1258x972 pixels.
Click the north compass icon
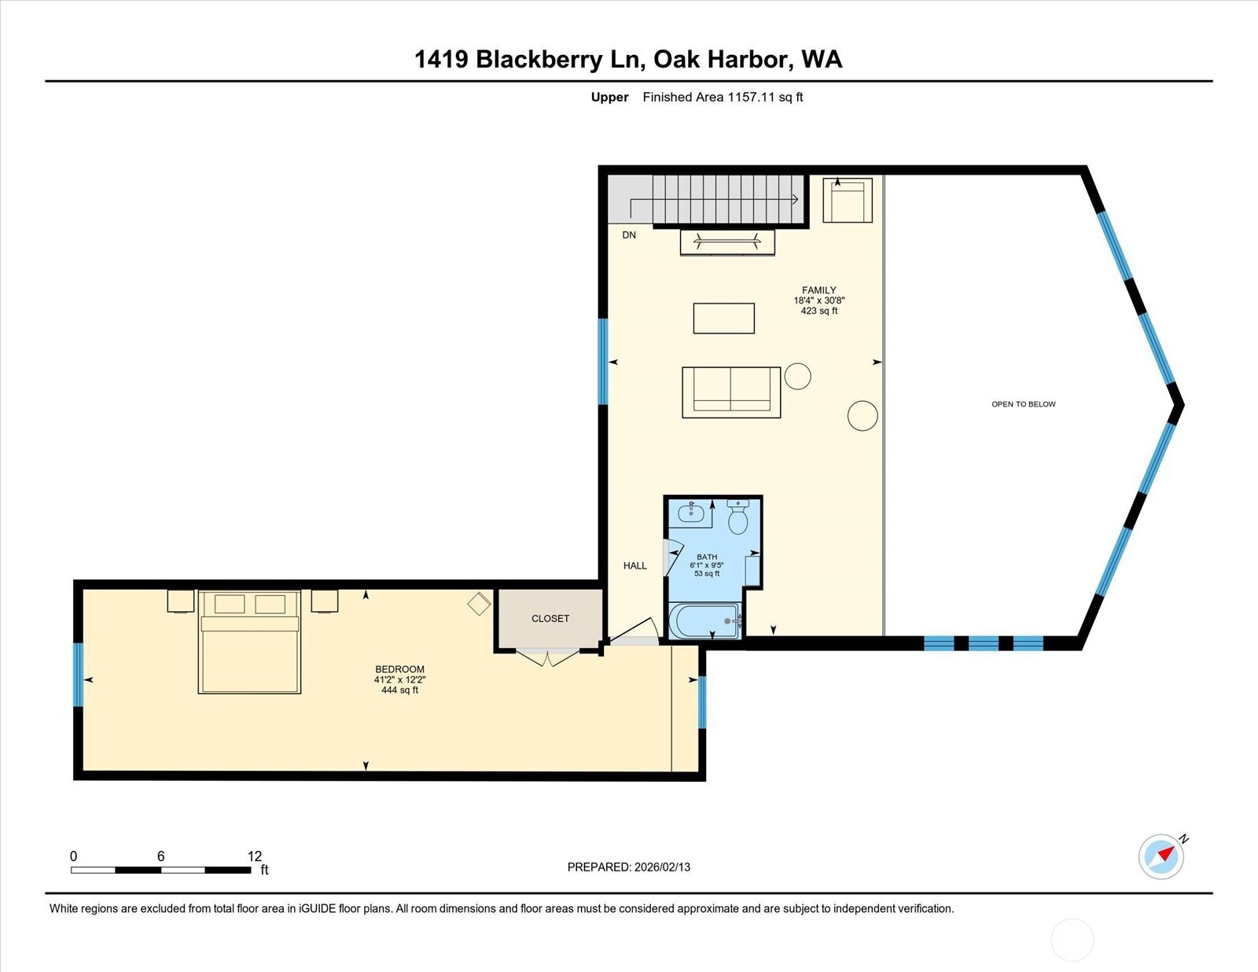(1161, 856)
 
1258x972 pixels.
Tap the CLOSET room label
(550, 619)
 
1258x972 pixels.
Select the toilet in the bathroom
(738, 519)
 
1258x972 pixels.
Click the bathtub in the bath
(704, 621)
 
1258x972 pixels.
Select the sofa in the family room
(731, 392)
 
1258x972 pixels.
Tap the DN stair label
(629, 235)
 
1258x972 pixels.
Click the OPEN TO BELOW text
(1023, 404)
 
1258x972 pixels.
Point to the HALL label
(635, 565)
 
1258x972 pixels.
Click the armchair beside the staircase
(847, 201)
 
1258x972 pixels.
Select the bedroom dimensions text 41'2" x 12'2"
(399, 679)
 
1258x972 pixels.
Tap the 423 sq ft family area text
(818, 311)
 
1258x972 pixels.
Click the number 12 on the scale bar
(254, 856)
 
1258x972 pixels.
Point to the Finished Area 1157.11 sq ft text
(723, 98)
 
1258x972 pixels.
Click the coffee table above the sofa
(723, 318)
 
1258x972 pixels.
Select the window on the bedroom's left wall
(78, 675)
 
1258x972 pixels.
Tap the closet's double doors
(549, 657)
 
